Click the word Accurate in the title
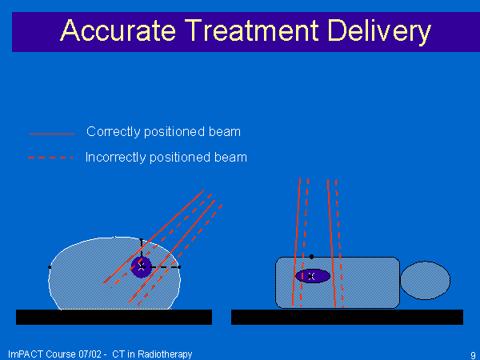(x=118, y=30)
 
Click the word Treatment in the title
(x=252, y=30)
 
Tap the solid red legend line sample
(x=52, y=134)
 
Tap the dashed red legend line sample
(x=51, y=158)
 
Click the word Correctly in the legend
(x=114, y=132)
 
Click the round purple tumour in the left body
(x=142, y=267)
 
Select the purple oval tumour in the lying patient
(x=313, y=276)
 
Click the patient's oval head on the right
(x=426, y=280)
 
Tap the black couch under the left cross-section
(x=114, y=317)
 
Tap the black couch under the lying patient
(x=347, y=317)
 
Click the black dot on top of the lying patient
(x=311, y=257)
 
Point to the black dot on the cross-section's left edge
(x=50, y=267)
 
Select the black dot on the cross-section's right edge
(x=179, y=267)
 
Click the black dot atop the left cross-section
(x=141, y=240)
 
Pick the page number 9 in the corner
(x=473, y=354)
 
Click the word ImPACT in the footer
(x=26, y=354)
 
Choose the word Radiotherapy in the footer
(x=165, y=354)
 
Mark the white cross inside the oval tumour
(x=311, y=277)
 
